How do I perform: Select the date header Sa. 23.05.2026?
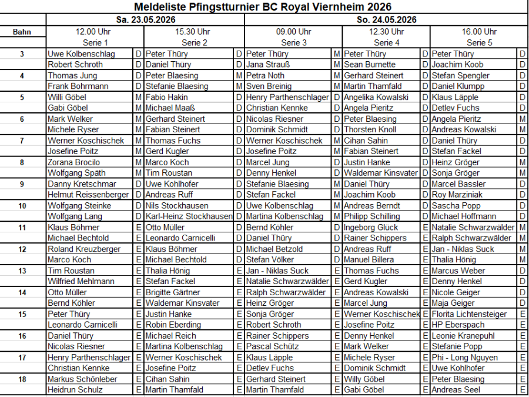[x=145, y=19]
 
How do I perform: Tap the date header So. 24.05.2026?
[x=386, y=19]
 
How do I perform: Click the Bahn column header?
[x=22, y=32]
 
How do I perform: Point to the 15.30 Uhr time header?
[x=194, y=32]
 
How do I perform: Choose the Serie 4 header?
[x=386, y=42]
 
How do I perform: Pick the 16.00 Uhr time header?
[x=479, y=32]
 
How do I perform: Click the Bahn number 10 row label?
[x=22, y=206]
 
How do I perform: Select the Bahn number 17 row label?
[x=22, y=357]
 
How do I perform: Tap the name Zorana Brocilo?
[x=74, y=162]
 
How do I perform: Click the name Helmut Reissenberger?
[x=88, y=195]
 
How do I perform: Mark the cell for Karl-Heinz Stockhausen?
[x=189, y=216]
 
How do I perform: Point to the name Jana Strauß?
[x=268, y=65]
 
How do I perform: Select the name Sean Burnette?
[x=370, y=65]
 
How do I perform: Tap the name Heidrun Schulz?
[x=75, y=390]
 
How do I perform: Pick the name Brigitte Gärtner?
[x=173, y=292]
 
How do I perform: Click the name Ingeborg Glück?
[x=371, y=227]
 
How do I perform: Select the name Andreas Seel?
[x=456, y=390]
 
